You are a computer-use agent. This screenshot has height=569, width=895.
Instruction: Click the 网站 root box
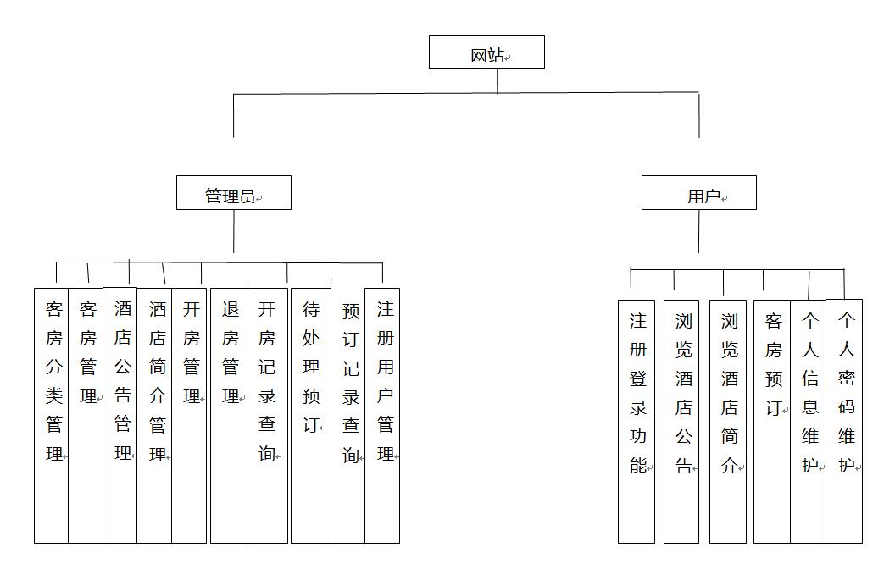(x=486, y=52)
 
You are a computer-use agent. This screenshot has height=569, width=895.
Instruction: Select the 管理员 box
(x=233, y=193)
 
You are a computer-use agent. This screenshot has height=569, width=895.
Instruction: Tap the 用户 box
(x=698, y=193)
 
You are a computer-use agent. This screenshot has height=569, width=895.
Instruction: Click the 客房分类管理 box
(x=52, y=416)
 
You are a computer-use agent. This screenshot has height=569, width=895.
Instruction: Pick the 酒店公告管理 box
(x=120, y=415)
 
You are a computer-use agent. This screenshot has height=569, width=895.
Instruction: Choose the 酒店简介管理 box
(x=154, y=416)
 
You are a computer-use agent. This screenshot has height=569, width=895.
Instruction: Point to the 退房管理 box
(x=229, y=416)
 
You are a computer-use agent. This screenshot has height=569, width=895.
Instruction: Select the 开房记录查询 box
(x=267, y=416)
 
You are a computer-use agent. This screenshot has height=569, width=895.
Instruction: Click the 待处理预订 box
(x=311, y=416)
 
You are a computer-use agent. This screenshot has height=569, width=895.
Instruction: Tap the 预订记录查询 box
(x=348, y=417)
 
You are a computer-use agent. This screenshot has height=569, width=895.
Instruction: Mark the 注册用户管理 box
(x=382, y=416)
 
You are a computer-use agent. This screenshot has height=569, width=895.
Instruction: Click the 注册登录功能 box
(x=637, y=422)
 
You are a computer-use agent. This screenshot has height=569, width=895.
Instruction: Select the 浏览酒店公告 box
(x=681, y=422)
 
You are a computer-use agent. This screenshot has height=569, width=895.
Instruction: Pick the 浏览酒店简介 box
(x=728, y=422)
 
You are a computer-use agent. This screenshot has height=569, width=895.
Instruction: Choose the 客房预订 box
(x=772, y=422)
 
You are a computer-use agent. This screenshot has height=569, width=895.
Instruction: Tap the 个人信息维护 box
(x=809, y=422)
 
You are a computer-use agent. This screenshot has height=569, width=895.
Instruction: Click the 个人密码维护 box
(x=844, y=422)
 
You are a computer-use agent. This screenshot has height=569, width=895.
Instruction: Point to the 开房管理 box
(x=189, y=416)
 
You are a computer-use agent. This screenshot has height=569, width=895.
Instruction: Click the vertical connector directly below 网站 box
(x=498, y=81)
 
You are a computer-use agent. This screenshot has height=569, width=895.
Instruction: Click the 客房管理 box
(x=86, y=416)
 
